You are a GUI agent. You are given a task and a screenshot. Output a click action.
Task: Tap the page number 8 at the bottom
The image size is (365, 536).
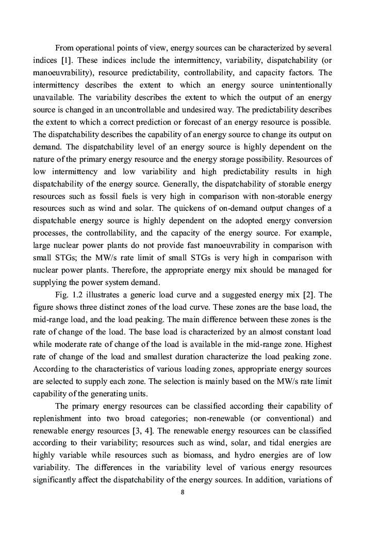182,492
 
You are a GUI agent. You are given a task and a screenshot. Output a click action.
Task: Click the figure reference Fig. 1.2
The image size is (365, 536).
69,294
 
